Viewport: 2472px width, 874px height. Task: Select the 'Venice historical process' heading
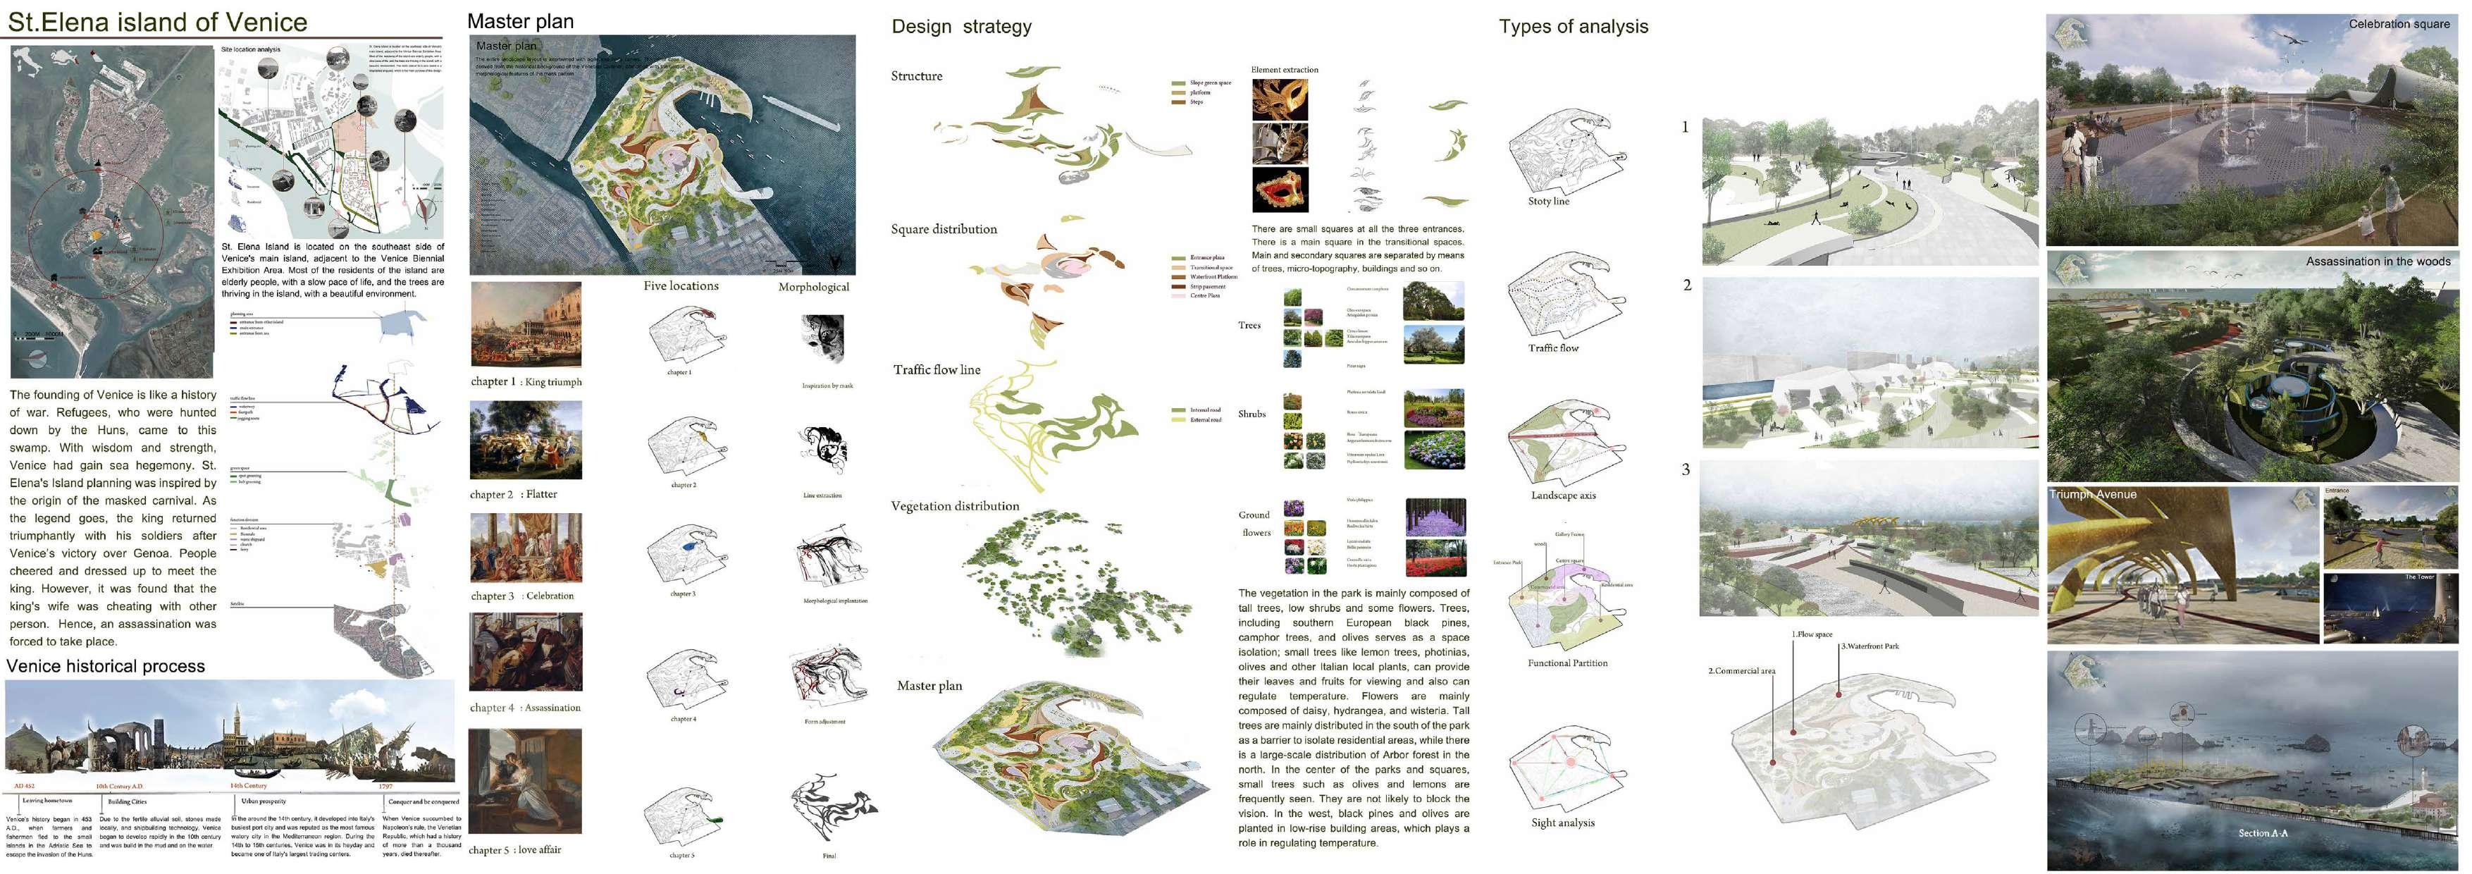coord(106,666)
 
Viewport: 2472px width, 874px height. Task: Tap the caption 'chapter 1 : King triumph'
coord(526,382)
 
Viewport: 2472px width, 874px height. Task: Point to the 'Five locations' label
coord(681,286)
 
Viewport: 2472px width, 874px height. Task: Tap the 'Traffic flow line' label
coord(936,370)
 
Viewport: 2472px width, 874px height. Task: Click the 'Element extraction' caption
coord(1284,70)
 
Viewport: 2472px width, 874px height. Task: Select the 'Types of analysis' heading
coord(1573,27)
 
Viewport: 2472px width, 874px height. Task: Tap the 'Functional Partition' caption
coord(1567,663)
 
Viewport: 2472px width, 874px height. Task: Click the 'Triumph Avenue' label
coord(2093,494)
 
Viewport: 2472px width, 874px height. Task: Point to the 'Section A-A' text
coord(2263,832)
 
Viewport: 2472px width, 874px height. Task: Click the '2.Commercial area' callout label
coord(1741,670)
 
